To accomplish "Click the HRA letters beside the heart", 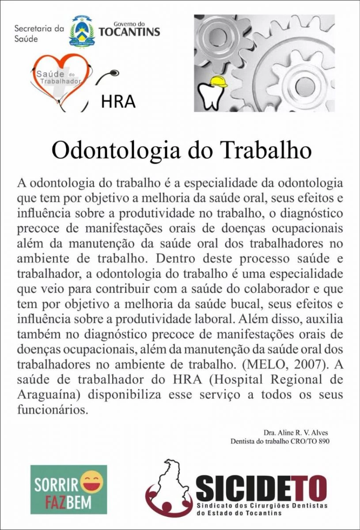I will tap(118, 102).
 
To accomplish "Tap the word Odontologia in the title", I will tap(117, 151).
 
